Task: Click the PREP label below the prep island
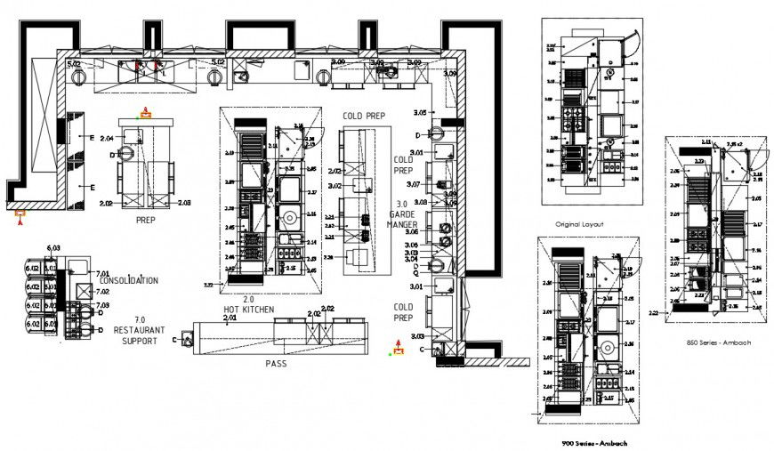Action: (147, 219)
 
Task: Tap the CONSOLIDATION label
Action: (129, 280)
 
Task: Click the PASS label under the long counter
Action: (275, 364)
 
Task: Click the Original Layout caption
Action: (579, 224)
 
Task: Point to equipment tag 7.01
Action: (102, 273)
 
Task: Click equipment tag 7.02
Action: (102, 290)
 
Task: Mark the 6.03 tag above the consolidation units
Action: (53, 247)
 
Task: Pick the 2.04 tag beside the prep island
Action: (108, 139)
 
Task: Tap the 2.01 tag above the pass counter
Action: (230, 318)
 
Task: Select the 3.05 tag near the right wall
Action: (421, 113)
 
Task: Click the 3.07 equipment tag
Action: (413, 184)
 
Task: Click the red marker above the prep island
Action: (142, 113)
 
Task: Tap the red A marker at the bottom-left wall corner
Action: (20, 213)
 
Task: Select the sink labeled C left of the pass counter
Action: (187, 339)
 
